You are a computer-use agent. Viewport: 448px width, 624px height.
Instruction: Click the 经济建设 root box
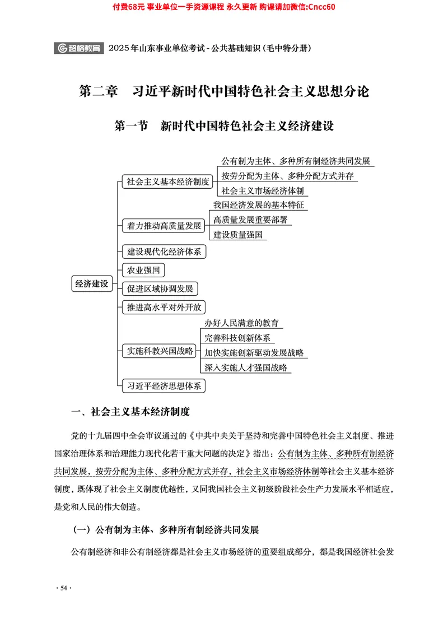tap(91, 283)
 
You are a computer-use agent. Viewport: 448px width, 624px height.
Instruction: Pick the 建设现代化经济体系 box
tap(164, 252)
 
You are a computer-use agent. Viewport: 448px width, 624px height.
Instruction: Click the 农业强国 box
tap(143, 271)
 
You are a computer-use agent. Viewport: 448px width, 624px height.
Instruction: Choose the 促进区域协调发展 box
tap(160, 289)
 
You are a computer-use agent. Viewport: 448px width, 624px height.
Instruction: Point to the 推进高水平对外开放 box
tap(164, 308)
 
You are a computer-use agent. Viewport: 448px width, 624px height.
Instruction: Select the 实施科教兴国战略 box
tap(160, 351)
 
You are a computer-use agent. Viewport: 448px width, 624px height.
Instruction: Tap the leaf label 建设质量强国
tap(238, 235)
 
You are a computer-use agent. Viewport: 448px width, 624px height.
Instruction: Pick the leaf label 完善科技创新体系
tap(237, 338)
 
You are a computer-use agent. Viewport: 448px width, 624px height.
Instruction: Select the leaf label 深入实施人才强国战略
tap(246, 368)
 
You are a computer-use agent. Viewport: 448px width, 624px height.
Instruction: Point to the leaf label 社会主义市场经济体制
tap(262, 190)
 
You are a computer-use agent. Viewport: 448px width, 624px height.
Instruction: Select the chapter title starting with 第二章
tap(223, 91)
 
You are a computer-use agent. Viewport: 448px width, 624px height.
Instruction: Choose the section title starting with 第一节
tap(223, 125)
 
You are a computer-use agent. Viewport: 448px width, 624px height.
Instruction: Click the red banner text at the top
tap(223, 6)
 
